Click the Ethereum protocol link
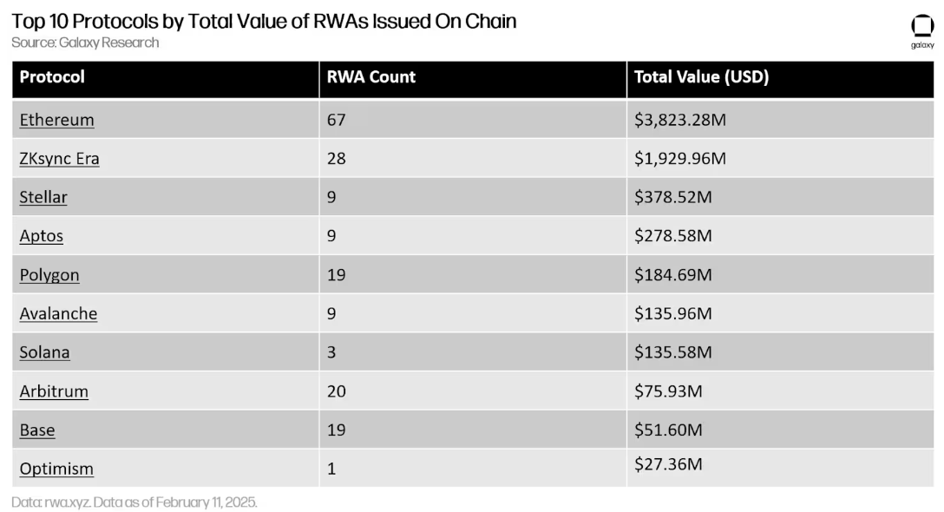(x=56, y=120)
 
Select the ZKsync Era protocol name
(x=59, y=159)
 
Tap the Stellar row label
(x=43, y=197)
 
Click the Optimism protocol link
(x=56, y=469)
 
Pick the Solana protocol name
(x=44, y=352)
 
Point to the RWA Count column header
(x=370, y=77)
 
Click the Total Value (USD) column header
(x=701, y=77)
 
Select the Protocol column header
(x=52, y=77)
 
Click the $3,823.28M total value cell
(x=679, y=120)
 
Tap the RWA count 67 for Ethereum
(x=336, y=120)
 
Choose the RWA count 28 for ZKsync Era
(x=336, y=159)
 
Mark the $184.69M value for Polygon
(x=672, y=275)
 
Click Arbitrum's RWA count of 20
(x=336, y=391)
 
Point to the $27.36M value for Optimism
(x=668, y=464)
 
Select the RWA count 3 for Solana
(x=331, y=352)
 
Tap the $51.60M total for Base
(x=668, y=430)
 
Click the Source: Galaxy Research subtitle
(x=85, y=43)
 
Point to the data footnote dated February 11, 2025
(x=134, y=502)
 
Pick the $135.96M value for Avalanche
(x=672, y=314)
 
